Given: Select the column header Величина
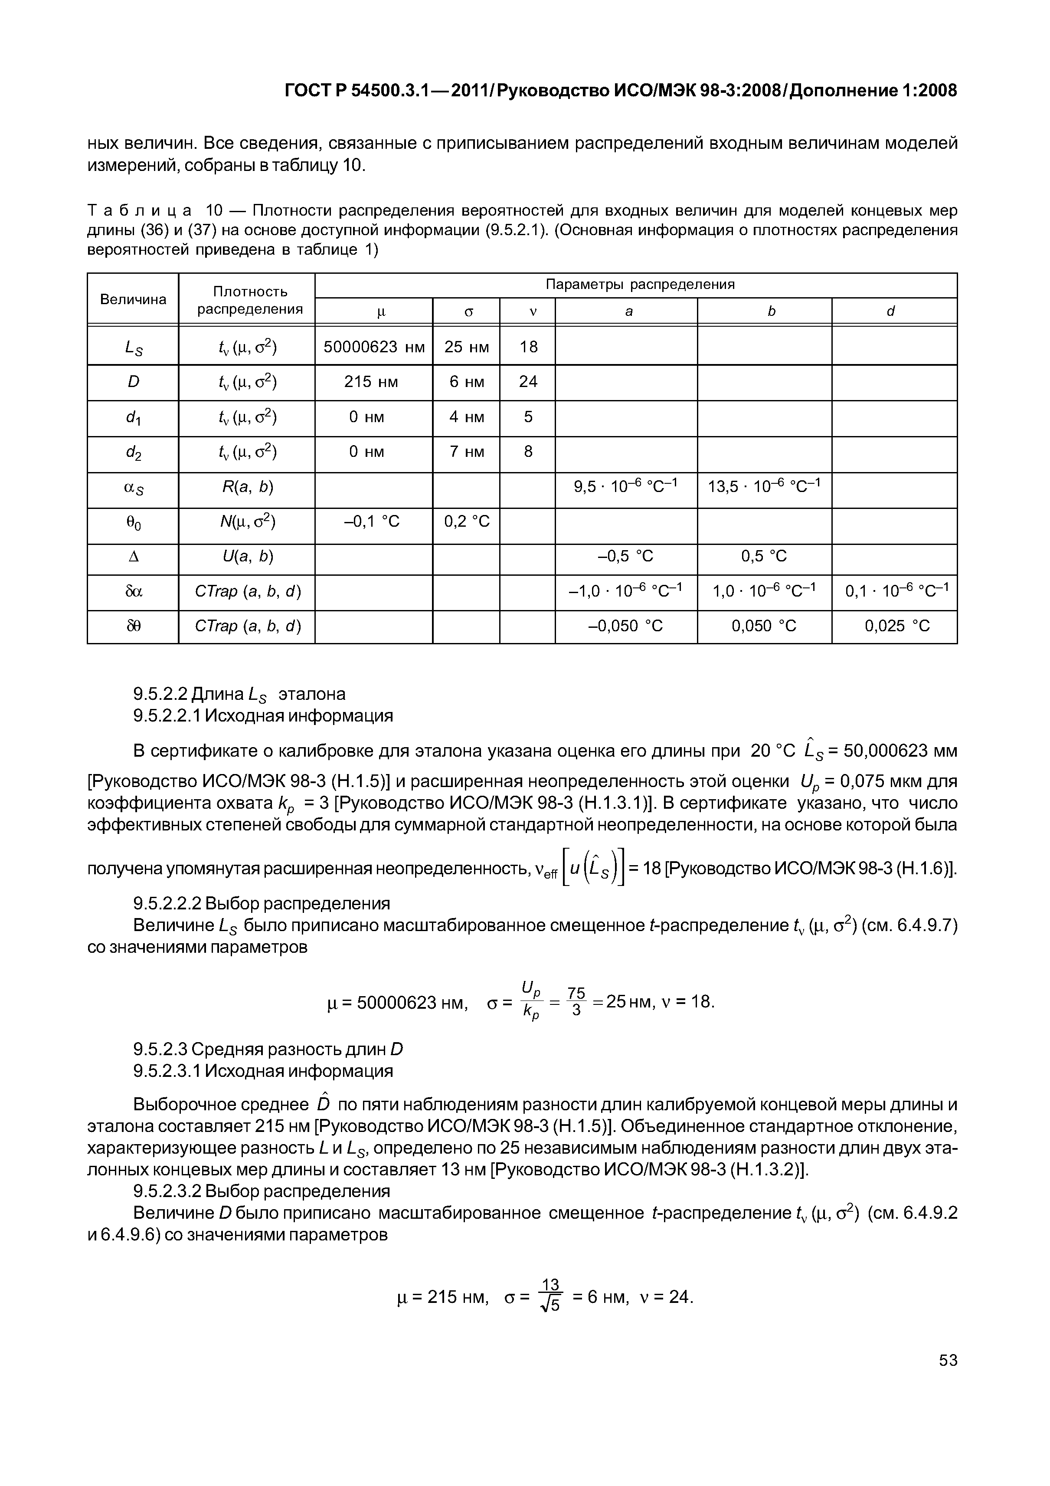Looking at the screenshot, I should [x=133, y=299].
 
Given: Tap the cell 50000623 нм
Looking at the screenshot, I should [x=373, y=347].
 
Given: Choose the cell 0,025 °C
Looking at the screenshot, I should [x=896, y=626].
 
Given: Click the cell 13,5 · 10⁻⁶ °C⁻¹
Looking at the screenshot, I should [x=764, y=486].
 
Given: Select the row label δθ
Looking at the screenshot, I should [x=133, y=626].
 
